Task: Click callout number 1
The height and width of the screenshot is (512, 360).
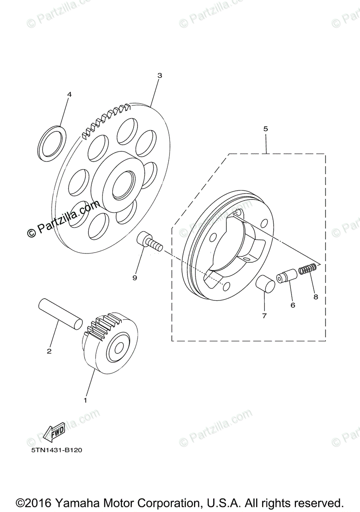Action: (x=85, y=400)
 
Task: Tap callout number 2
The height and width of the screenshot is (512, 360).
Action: (x=49, y=351)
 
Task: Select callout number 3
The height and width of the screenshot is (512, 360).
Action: (x=160, y=76)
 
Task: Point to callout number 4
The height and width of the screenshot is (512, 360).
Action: (x=69, y=94)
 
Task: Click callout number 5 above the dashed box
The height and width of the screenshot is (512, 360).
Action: (x=266, y=128)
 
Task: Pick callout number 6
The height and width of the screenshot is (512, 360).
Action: (x=293, y=305)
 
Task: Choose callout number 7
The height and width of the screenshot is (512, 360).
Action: (x=264, y=316)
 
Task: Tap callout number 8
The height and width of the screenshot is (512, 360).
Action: (x=316, y=297)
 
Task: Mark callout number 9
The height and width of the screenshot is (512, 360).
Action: (x=135, y=278)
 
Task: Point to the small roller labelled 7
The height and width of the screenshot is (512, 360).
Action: (x=265, y=284)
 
